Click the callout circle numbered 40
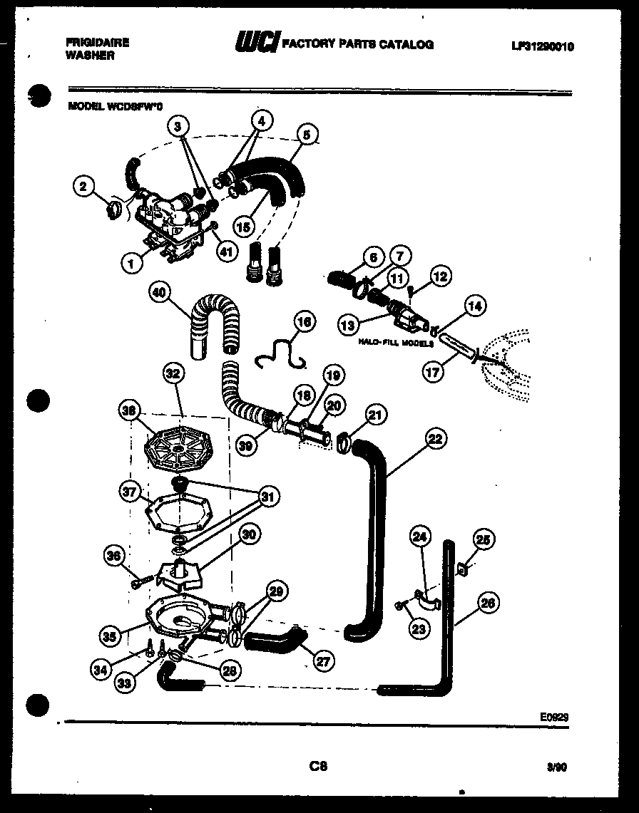click(162, 293)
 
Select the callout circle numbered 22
click(434, 440)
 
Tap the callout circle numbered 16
click(304, 322)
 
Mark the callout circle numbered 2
click(85, 187)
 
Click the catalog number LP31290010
click(542, 47)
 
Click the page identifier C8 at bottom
click(318, 767)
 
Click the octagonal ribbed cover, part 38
click(175, 447)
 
